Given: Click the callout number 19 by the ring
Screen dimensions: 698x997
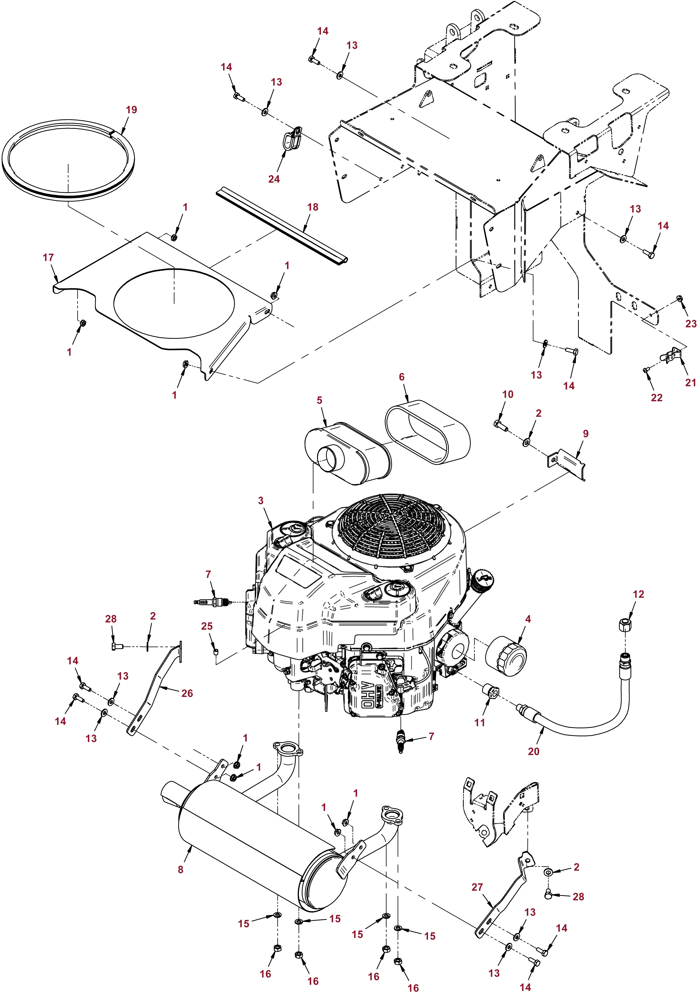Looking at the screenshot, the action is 131,110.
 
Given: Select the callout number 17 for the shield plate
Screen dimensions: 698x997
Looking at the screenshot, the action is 48,257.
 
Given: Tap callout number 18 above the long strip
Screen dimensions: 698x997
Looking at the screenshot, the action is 313,207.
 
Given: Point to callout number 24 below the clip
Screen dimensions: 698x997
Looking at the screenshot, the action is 274,179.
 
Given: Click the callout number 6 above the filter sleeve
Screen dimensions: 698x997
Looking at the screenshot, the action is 402,377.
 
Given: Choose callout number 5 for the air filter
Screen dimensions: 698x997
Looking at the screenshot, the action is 319,400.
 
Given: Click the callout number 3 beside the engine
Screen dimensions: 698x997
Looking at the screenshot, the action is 261,501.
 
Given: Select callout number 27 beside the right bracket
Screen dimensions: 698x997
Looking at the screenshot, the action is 477,887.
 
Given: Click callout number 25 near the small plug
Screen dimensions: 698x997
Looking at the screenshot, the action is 207,626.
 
